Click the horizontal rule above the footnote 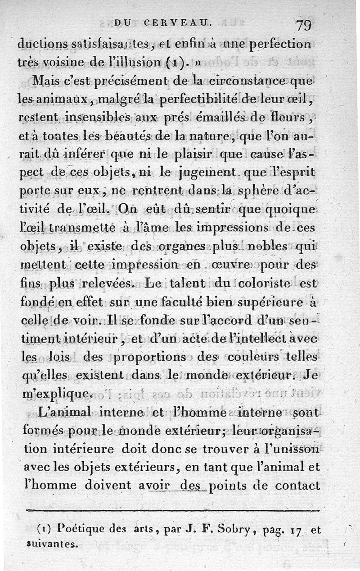point(173,510)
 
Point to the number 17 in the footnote point(295,531)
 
